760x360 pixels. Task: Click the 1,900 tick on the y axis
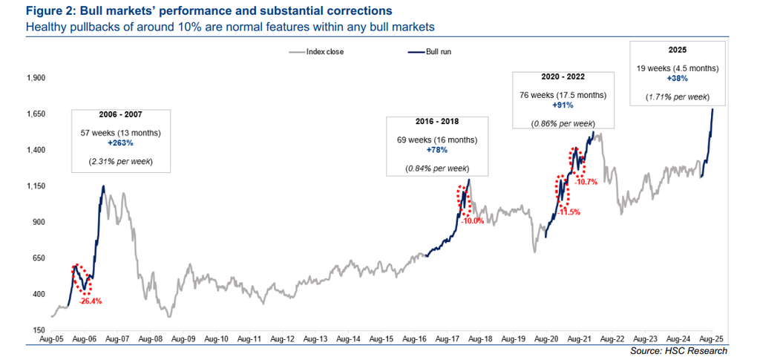tap(36, 78)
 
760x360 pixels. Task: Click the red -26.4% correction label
tap(90, 301)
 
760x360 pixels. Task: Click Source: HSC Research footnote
tap(678, 350)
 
